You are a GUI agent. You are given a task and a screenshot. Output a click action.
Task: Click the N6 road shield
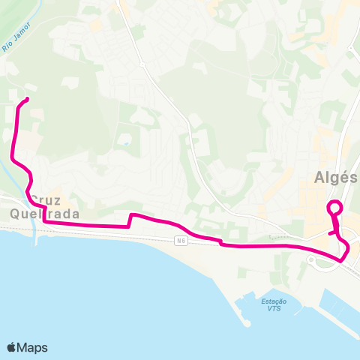tap(181, 240)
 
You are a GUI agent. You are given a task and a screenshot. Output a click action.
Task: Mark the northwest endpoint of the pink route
tap(27, 99)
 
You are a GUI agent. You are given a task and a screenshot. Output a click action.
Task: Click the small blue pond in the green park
tap(126, 143)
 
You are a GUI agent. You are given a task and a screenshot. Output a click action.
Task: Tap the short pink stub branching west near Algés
tap(331, 233)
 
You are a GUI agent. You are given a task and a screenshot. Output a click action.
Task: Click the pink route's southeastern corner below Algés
tap(341, 259)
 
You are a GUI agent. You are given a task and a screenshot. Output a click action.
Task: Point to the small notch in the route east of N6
tap(220, 241)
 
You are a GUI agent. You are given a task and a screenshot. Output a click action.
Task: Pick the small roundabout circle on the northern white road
tap(119, 1)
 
